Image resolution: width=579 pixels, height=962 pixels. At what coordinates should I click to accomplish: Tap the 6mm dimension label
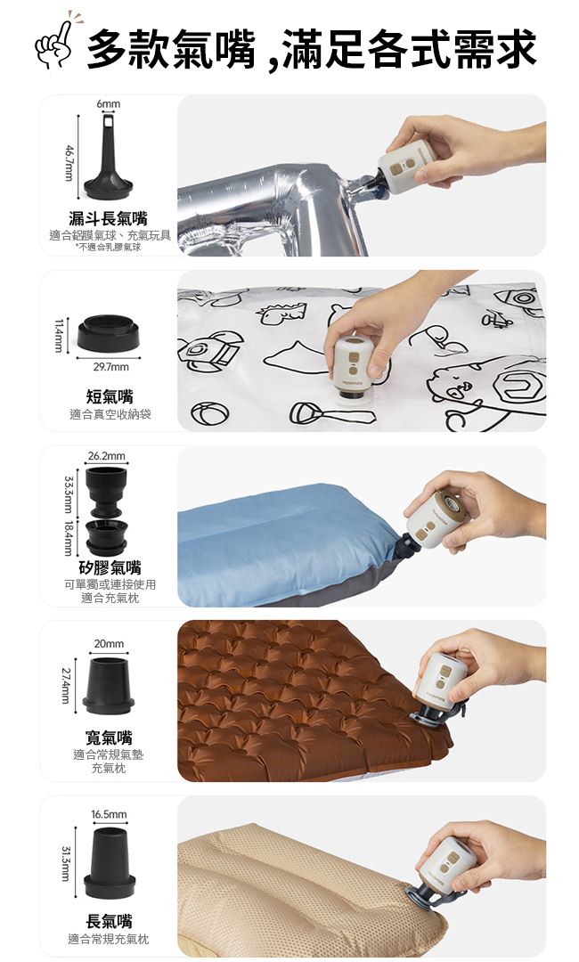pos(108,104)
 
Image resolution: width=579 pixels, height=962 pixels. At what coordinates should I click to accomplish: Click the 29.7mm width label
pos(110,367)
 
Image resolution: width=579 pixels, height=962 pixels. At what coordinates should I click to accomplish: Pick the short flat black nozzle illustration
pos(109,332)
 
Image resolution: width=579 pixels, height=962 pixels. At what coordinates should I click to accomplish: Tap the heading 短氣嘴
pos(110,395)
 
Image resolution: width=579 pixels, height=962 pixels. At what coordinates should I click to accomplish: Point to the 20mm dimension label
pos(109,644)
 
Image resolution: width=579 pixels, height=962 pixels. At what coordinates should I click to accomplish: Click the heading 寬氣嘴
pos(109,737)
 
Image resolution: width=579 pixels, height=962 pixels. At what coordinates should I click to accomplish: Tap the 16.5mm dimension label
pos(110,814)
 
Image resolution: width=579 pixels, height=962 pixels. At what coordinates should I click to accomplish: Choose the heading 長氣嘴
pos(110,920)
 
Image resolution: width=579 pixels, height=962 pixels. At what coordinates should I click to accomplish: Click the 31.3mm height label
pos(68,862)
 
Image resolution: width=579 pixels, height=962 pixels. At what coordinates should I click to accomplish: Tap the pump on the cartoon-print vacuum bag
pos(353,368)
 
